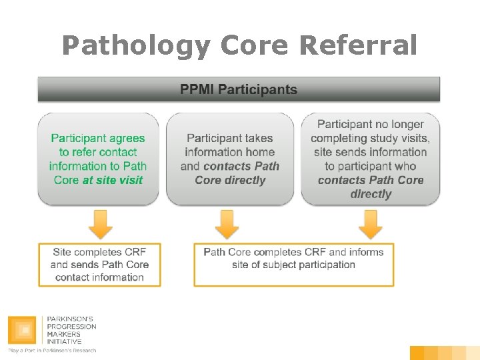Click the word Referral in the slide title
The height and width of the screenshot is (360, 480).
coord(359,45)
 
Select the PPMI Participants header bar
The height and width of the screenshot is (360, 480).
coord(239,89)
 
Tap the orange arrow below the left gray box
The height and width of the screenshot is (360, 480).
coord(100,224)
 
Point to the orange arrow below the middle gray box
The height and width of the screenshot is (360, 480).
coord(227,224)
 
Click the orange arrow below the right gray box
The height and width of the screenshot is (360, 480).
coord(370,224)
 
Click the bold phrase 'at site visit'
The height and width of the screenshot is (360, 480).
coord(113,180)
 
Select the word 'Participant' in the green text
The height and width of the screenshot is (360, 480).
coord(79,138)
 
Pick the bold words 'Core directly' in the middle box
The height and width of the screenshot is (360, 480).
coord(230,180)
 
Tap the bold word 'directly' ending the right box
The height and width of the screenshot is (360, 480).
coord(371,194)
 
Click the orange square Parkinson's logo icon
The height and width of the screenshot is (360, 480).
coord(23,331)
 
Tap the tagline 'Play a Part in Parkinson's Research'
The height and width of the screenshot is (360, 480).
coord(52,351)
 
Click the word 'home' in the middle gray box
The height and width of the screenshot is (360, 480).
coord(256,152)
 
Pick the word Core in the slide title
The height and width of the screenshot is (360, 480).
coord(254,45)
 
